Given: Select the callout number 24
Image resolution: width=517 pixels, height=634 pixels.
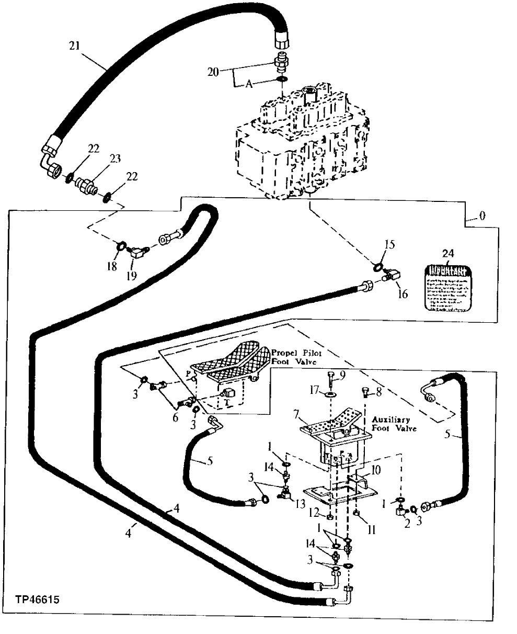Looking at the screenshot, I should click(x=449, y=254).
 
